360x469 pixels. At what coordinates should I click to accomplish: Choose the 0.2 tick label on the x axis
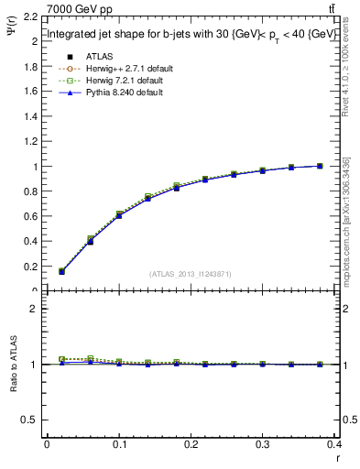click(191, 446)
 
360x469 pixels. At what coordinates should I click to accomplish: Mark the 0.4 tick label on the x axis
click(336, 446)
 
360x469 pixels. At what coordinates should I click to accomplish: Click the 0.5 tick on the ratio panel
click(31, 420)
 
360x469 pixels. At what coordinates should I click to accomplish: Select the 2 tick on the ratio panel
click(35, 309)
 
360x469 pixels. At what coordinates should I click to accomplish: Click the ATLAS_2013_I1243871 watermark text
click(190, 274)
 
